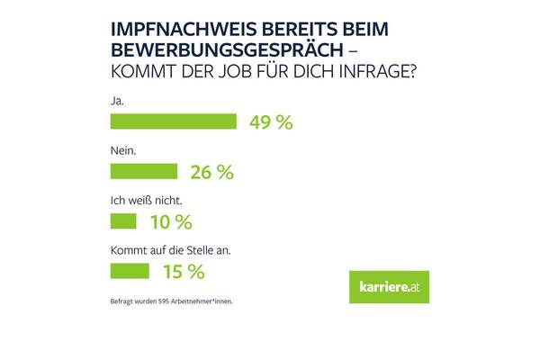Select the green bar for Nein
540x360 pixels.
coord(142,171)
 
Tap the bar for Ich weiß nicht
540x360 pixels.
coord(121,220)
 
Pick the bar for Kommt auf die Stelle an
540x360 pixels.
coord(129,269)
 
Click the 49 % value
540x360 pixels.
coord(271,123)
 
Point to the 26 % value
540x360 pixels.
coord(212,172)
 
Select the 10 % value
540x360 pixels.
coord(171,220)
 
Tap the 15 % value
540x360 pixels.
coord(184,270)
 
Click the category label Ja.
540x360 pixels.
coord(115,102)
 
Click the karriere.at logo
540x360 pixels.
coord(389,285)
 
